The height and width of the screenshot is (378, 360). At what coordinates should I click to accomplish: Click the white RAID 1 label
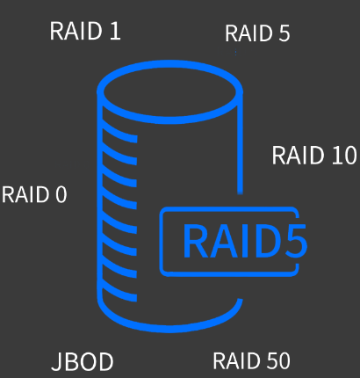(x=85, y=31)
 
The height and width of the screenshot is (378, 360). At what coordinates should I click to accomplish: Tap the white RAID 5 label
(x=257, y=33)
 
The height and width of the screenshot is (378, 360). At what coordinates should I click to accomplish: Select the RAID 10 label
(x=314, y=155)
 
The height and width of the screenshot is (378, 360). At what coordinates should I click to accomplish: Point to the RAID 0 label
(x=34, y=194)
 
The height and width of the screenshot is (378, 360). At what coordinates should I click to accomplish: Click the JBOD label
(x=83, y=362)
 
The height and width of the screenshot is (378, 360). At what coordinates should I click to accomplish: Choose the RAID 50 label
(x=251, y=360)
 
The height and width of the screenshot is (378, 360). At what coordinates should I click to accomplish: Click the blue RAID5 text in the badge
(x=245, y=241)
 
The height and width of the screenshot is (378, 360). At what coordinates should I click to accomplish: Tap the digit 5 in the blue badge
(x=294, y=241)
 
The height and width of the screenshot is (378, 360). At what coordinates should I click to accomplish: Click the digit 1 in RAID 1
(x=116, y=31)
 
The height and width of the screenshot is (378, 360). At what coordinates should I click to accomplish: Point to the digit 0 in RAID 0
(x=61, y=194)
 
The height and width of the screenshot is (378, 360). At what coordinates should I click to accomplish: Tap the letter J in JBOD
(x=56, y=362)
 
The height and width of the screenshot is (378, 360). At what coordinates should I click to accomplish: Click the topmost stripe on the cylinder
(x=119, y=131)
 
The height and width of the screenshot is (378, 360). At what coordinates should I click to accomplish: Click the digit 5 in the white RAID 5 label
(x=284, y=33)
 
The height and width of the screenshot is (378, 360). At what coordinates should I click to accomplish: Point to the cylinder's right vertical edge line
(x=240, y=142)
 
